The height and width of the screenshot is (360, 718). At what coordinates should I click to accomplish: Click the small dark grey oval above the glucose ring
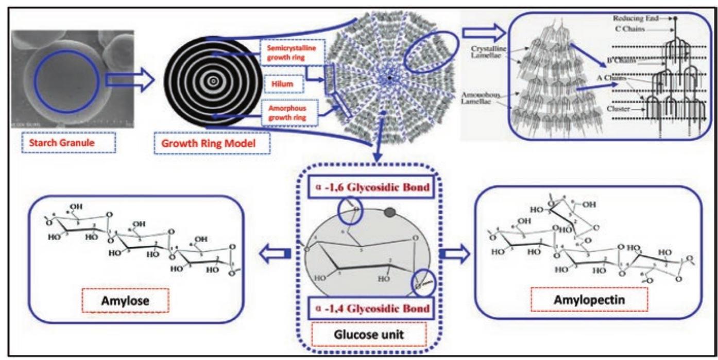tap(390, 211)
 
